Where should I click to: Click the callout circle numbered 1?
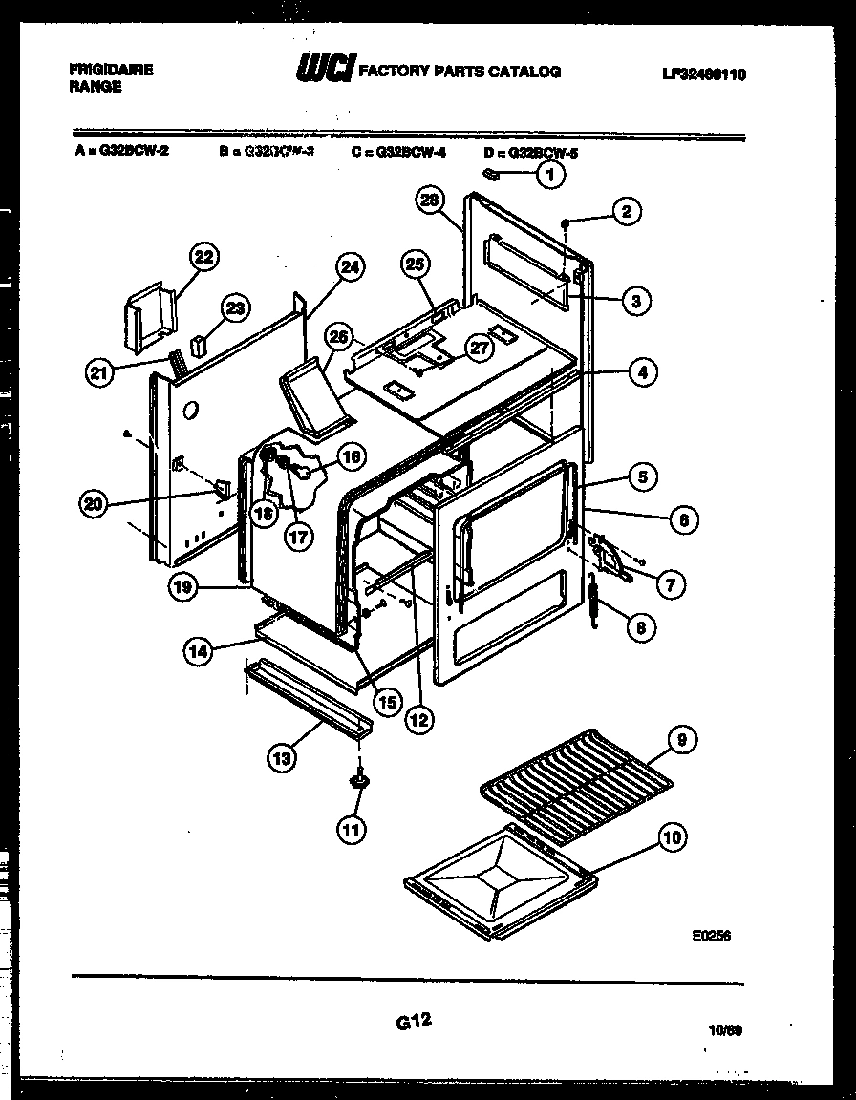549,175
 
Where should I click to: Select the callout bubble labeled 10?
672,838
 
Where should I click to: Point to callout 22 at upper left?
203,256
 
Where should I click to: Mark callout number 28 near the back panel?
429,200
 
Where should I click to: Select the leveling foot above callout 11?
360,782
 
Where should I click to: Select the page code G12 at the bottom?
413,1021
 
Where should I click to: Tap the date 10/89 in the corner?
726,1030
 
